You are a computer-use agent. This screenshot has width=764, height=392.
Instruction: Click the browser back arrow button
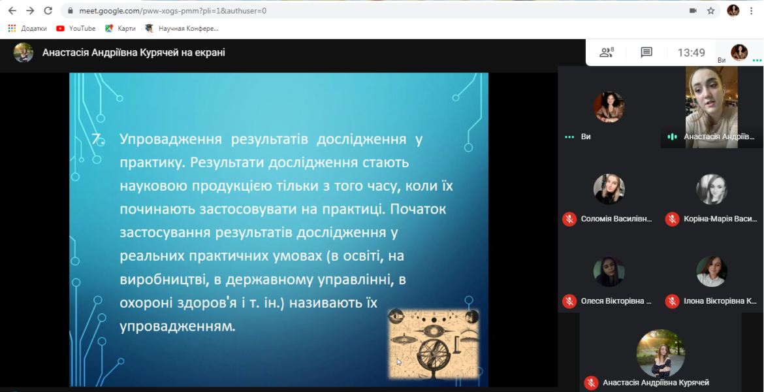[x=12, y=10]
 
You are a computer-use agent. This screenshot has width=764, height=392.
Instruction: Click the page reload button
[x=48, y=10]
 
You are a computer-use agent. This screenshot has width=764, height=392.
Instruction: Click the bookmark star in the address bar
[x=711, y=10]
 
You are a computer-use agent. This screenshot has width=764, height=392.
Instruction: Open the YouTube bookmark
[x=76, y=28]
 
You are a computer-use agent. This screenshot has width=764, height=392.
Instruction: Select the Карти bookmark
[x=120, y=28]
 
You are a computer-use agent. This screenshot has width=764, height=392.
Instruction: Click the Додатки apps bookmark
[x=28, y=28]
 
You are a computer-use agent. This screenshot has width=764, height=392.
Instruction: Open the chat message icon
[x=646, y=53]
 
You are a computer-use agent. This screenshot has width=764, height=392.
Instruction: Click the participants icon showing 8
[x=607, y=52]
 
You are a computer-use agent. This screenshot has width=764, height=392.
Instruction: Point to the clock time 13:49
[x=692, y=53]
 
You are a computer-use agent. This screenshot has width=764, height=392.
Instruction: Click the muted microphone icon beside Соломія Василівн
[x=569, y=219]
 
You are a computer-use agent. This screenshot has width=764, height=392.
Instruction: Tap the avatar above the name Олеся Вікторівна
[x=609, y=271]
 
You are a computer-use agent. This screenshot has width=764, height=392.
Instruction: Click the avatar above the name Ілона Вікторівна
[x=712, y=271]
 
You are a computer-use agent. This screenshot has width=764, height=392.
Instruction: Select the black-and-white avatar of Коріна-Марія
[x=712, y=189]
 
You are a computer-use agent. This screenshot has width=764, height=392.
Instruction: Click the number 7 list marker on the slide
[x=99, y=139]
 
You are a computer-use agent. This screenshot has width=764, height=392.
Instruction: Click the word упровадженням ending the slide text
[x=178, y=326]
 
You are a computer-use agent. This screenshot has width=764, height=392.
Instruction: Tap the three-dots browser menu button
[x=751, y=10]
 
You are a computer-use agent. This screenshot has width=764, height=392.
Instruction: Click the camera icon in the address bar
[x=693, y=10]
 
